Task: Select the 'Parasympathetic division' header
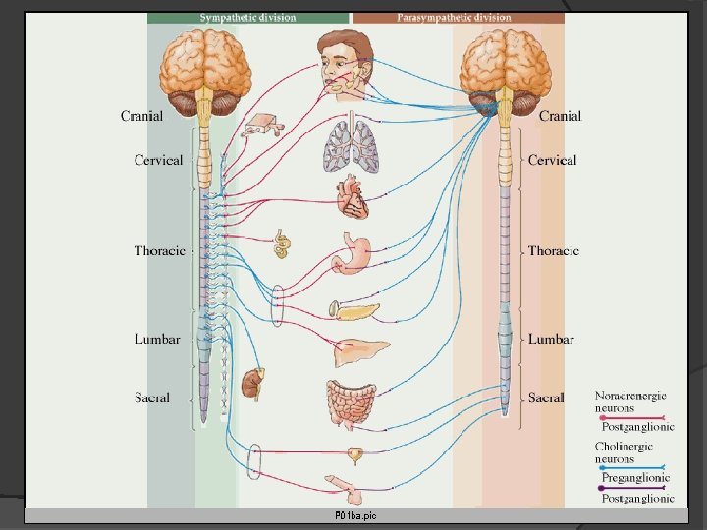click(x=454, y=17)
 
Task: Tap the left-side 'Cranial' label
click(x=142, y=116)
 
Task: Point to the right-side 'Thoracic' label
click(x=553, y=250)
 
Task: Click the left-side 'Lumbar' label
click(x=157, y=339)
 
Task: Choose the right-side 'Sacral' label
click(x=546, y=397)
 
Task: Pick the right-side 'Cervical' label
click(x=552, y=160)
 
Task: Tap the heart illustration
click(x=353, y=200)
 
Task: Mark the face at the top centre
click(x=345, y=61)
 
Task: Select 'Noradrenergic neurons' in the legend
click(x=630, y=401)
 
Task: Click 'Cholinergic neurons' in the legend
click(x=624, y=452)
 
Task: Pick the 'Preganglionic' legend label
click(x=636, y=477)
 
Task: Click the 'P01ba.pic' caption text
click(x=354, y=516)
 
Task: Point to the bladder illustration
click(x=353, y=454)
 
